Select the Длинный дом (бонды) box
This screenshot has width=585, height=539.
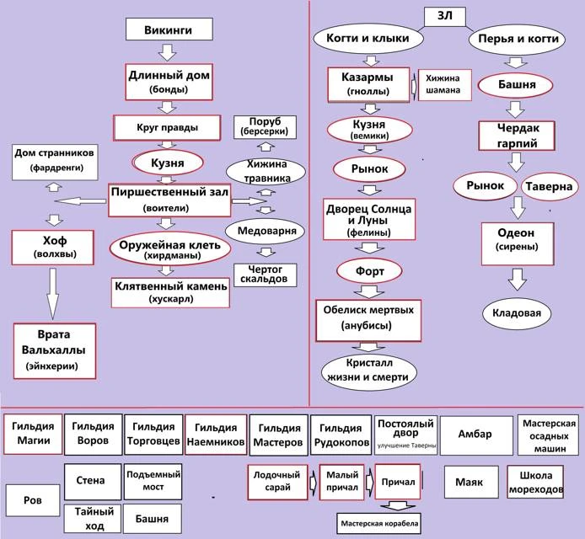[x=166, y=81]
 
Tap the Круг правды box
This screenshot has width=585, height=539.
[x=167, y=129]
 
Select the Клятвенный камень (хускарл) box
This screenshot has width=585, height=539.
[x=170, y=291]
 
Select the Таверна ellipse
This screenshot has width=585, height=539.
[x=549, y=186]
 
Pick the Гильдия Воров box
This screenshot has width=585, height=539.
[x=94, y=433]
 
